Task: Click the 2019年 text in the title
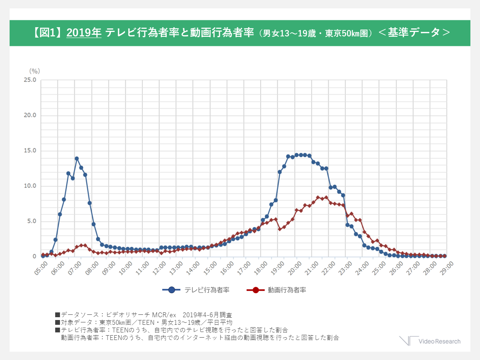[x=84, y=33]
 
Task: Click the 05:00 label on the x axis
[x=41, y=267]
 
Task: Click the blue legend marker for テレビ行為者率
[x=172, y=290]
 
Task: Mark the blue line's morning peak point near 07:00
[x=77, y=159]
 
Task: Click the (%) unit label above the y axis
[x=34, y=71]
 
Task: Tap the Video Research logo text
[x=439, y=341]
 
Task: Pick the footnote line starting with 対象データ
[x=143, y=322]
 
